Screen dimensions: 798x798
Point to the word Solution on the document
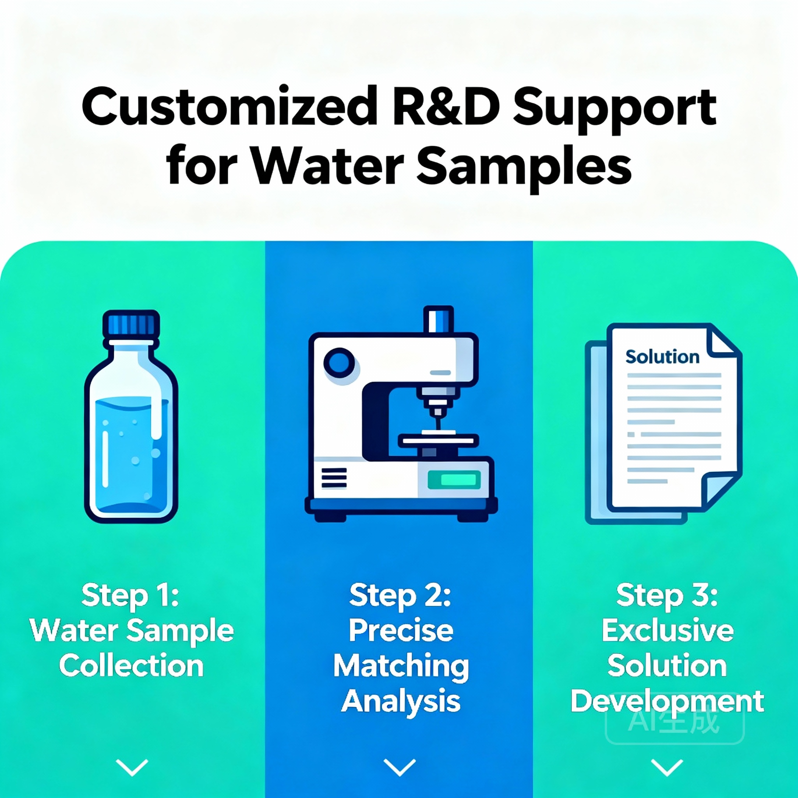[x=662, y=357]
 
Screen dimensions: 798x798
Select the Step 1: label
[x=131, y=595]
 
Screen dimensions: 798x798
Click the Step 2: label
[x=400, y=595]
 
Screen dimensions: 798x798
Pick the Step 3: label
[x=667, y=595]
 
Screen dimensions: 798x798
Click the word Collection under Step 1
[x=131, y=666]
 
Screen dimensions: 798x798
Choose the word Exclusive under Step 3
[x=667, y=631]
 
